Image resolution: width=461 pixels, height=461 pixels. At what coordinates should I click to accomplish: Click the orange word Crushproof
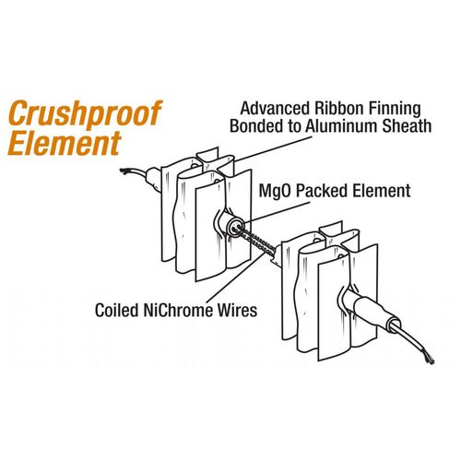(x=85, y=114)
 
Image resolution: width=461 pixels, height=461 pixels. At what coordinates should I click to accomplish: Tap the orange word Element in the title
(x=65, y=143)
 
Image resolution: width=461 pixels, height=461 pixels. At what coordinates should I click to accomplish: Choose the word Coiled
(x=117, y=310)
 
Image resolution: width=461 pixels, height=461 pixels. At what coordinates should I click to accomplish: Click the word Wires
(x=238, y=310)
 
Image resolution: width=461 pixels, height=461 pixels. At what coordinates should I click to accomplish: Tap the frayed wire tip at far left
(x=124, y=171)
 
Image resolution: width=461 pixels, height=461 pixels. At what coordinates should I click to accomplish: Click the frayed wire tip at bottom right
(x=430, y=360)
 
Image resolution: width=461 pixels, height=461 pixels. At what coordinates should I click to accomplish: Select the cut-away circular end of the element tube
(x=236, y=228)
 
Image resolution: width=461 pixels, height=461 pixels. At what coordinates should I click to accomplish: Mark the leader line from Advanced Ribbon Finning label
(x=272, y=148)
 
